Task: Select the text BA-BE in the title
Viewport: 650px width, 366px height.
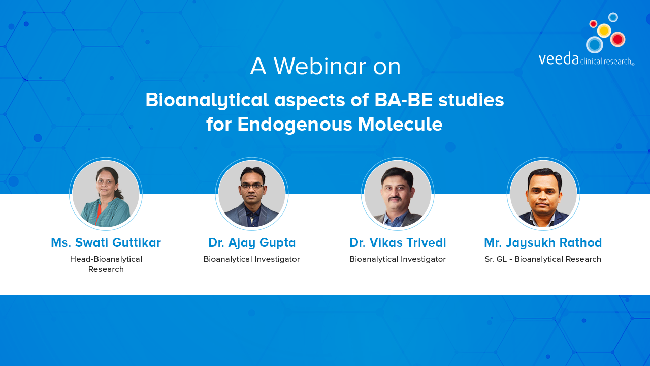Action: pyautogui.click(x=404, y=100)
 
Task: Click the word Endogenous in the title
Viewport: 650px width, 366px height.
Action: pyautogui.click(x=295, y=125)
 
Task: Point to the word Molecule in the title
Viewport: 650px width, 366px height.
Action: pyautogui.click(x=400, y=124)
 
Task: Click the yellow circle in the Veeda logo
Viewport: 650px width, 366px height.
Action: pyautogui.click(x=604, y=30)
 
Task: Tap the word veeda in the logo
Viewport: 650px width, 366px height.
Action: pyautogui.click(x=559, y=58)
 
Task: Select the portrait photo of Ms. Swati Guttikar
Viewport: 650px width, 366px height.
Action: pyautogui.click(x=106, y=194)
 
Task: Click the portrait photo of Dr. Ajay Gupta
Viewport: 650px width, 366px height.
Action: pyautogui.click(x=251, y=194)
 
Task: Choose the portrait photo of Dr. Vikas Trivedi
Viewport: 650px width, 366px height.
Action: pyautogui.click(x=398, y=194)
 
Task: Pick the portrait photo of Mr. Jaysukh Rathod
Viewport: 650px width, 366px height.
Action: pyautogui.click(x=543, y=194)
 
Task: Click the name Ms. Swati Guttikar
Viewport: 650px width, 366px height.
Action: pyautogui.click(x=106, y=242)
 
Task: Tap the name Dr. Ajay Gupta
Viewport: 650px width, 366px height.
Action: pyautogui.click(x=252, y=243)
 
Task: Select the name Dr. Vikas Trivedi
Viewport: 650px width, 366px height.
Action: pyautogui.click(x=398, y=242)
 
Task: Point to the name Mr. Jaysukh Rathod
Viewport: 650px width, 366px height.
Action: pyautogui.click(x=543, y=243)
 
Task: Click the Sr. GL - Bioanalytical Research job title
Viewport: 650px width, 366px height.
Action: pyautogui.click(x=543, y=259)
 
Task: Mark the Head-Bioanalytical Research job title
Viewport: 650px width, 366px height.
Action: pyautogui.click(x=106, y=264)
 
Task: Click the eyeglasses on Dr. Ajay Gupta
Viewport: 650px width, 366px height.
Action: pyautogui.click(x=252, y=186)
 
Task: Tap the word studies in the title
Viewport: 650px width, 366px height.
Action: pyautogui.click(x=471, y=100)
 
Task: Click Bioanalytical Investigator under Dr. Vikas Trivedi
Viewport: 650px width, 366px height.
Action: pyautogui.click(x=398, y=259)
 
